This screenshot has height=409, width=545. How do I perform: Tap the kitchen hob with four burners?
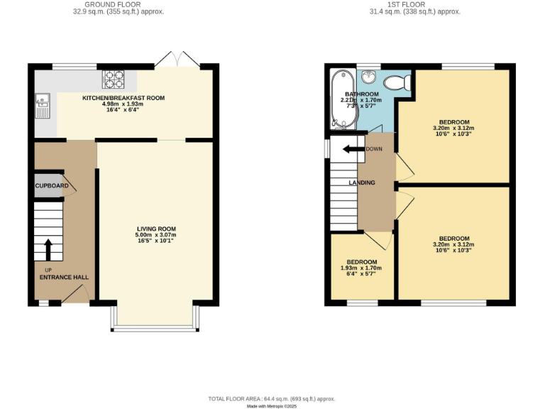tap(114, 78)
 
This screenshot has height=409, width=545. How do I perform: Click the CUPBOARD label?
tap(52, 186)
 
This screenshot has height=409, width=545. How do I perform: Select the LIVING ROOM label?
tap(155, 229)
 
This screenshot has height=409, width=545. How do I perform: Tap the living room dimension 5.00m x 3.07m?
tap(155, 235)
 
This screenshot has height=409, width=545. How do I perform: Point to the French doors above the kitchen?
tap(175, 59)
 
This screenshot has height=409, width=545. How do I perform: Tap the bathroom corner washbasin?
tap(368, 77)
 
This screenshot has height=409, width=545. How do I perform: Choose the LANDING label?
tap(362, 183)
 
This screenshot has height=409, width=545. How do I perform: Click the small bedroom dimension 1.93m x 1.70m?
tap(362, 268)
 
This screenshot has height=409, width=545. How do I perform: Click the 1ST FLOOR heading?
tap(414, 4)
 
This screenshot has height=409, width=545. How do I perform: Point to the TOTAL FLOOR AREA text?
tap(272, 399)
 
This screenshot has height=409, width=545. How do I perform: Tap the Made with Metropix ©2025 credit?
tap(272, 406)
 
